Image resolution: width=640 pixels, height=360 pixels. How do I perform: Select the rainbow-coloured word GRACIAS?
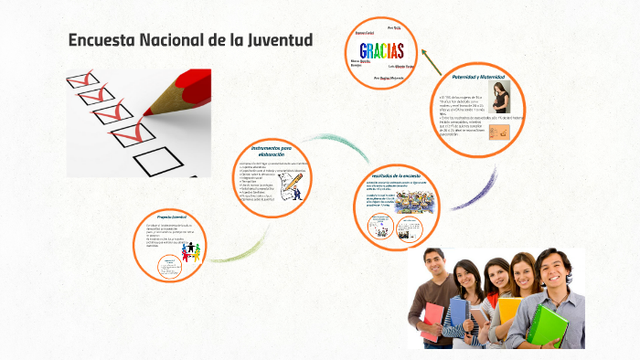point(382,50)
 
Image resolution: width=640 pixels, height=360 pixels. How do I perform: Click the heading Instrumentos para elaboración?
point(272,150)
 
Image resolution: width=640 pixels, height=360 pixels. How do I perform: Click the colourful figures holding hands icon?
point(191,250)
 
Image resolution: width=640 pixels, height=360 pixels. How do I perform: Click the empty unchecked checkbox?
point(152,161)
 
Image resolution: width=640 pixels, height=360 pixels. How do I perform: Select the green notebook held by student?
point(548,324)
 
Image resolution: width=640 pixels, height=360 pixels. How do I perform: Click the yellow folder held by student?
point(508,311)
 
